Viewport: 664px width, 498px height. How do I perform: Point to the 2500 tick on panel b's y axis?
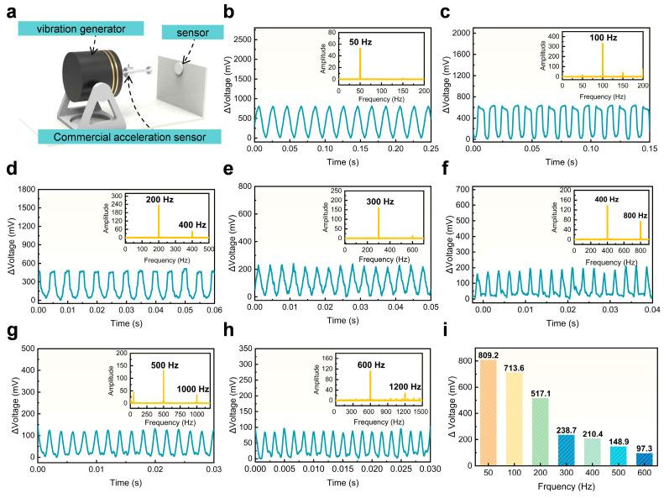(x=239, y=39)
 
